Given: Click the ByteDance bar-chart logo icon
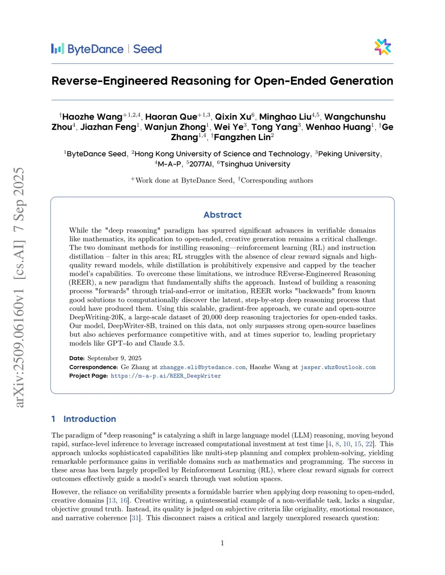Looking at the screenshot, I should pos(57,49).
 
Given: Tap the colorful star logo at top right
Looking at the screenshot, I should pos(383,47).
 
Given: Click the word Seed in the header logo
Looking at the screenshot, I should pos(147,49).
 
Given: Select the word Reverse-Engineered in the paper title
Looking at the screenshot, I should pos(110,81).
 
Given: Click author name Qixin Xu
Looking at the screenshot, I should pos(233,117).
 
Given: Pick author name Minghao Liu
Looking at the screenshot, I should pos(285,117).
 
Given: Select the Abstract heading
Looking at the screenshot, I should pos(222,215).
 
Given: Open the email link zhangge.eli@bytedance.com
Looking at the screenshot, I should pos(203,367).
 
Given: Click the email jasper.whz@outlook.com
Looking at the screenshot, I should pos(338,367).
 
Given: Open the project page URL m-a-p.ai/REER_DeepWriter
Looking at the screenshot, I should pos(166,376).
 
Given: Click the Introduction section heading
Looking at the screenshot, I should pos(90,419).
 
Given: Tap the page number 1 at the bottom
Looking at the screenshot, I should pos(222,543).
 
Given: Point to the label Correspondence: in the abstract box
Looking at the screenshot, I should pos(93,367).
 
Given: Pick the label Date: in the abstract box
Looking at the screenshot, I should pos(77,358).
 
